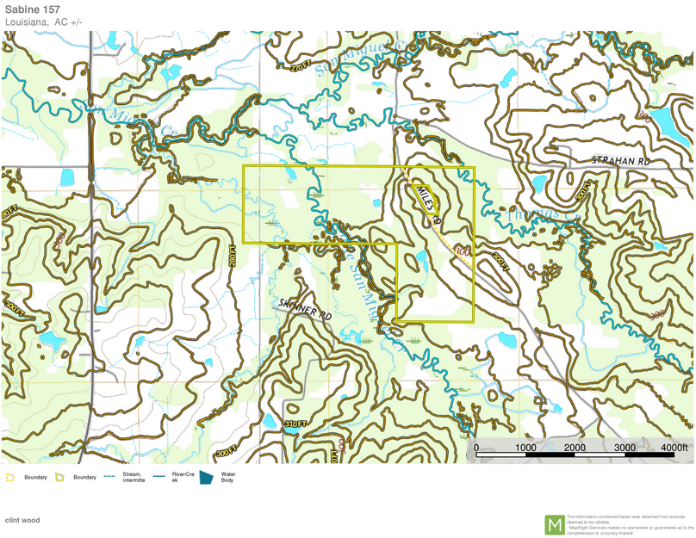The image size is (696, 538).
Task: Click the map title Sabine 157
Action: [x=32, y=9]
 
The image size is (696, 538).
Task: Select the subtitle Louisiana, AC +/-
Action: [x=44, y=22]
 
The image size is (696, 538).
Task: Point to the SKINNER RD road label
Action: [x=306, y=311]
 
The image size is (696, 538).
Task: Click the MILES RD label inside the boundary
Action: [x=427, y=203]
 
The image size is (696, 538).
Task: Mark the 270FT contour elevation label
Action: [x=300, y=67]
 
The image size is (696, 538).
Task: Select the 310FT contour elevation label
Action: [x=295, y=424]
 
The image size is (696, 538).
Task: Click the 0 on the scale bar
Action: [x=476, y=448]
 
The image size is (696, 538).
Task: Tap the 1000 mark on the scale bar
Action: [x=525, y=448]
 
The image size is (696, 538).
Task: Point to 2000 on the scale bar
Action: [x=575, y=448]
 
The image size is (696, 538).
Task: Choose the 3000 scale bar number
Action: [x=625, y=448]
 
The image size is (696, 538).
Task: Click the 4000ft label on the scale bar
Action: [x=674, y=448]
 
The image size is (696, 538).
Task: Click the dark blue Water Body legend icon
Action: [x=206, y=477]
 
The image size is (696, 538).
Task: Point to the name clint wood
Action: [x=22, y=520]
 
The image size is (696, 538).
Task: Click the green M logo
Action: [x=555, y=524]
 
